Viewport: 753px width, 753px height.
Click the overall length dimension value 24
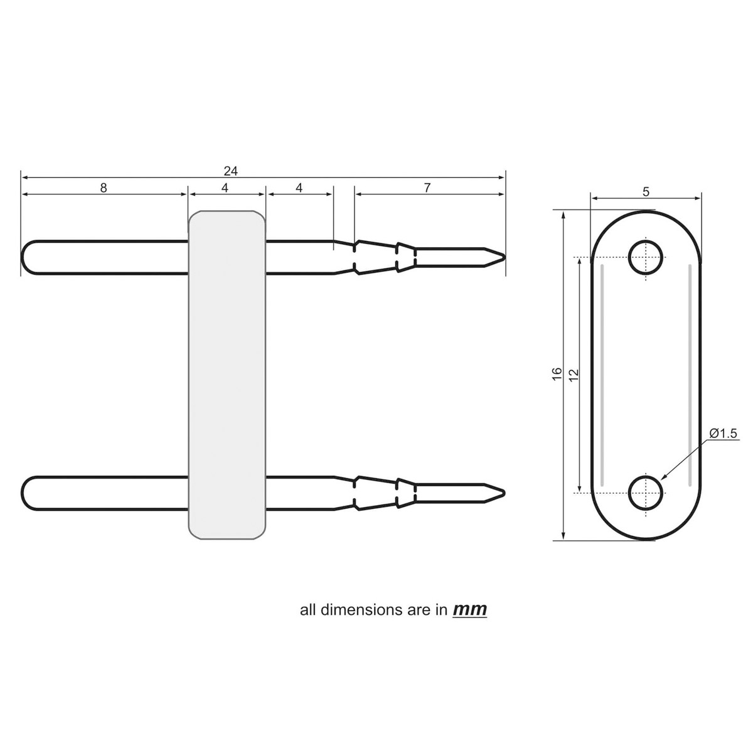pos(230,171)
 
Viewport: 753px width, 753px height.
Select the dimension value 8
pos(104,188)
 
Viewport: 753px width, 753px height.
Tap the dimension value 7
pos(427,188)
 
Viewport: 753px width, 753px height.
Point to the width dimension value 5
pos(646,193)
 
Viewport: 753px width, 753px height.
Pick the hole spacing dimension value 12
pos(573,375)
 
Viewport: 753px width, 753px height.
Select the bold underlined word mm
pos(469,609)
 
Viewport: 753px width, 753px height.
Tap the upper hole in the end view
pos(646,258)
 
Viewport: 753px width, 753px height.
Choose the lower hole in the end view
pos(646,493)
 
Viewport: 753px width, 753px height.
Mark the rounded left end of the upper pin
pos(25,257)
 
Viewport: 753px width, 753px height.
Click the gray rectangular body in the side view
pos(227,375)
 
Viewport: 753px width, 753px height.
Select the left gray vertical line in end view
pos(602,375)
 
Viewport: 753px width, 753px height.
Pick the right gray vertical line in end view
pos(690,375)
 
